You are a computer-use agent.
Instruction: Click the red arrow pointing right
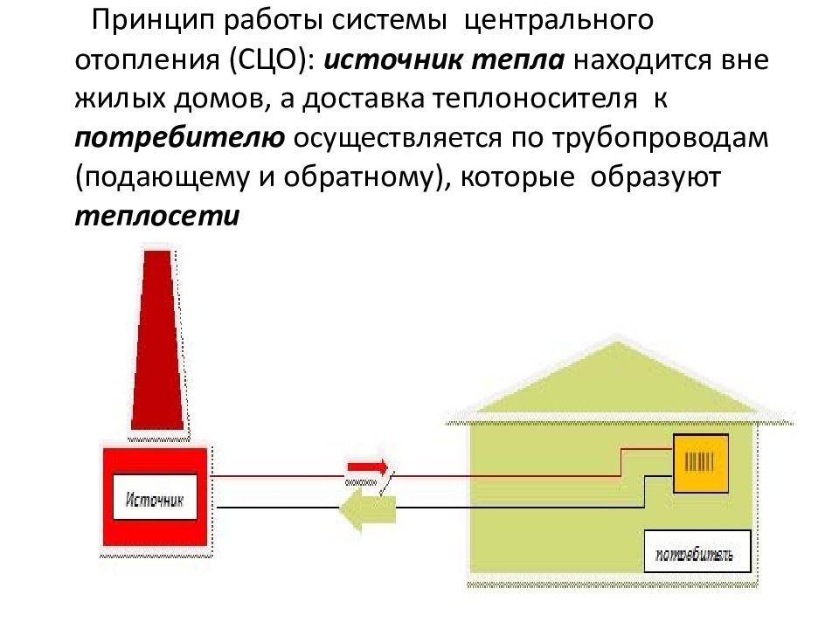tap(368, 467)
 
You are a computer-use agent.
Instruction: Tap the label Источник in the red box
tap(155, 500)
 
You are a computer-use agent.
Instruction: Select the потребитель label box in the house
tap(697, 551)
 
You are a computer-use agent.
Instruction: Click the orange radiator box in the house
tap(701, 463)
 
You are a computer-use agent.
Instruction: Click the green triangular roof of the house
tap(618, 378)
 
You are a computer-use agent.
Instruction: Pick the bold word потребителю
tap(180, 139)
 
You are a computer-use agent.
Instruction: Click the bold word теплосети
tap(157, 216)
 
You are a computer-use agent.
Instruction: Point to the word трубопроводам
tap(660, 139)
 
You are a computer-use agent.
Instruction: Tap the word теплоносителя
tap(535, 100)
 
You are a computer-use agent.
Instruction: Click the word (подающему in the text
tap(163, 178)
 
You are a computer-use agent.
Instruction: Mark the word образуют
tap(655, 178)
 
